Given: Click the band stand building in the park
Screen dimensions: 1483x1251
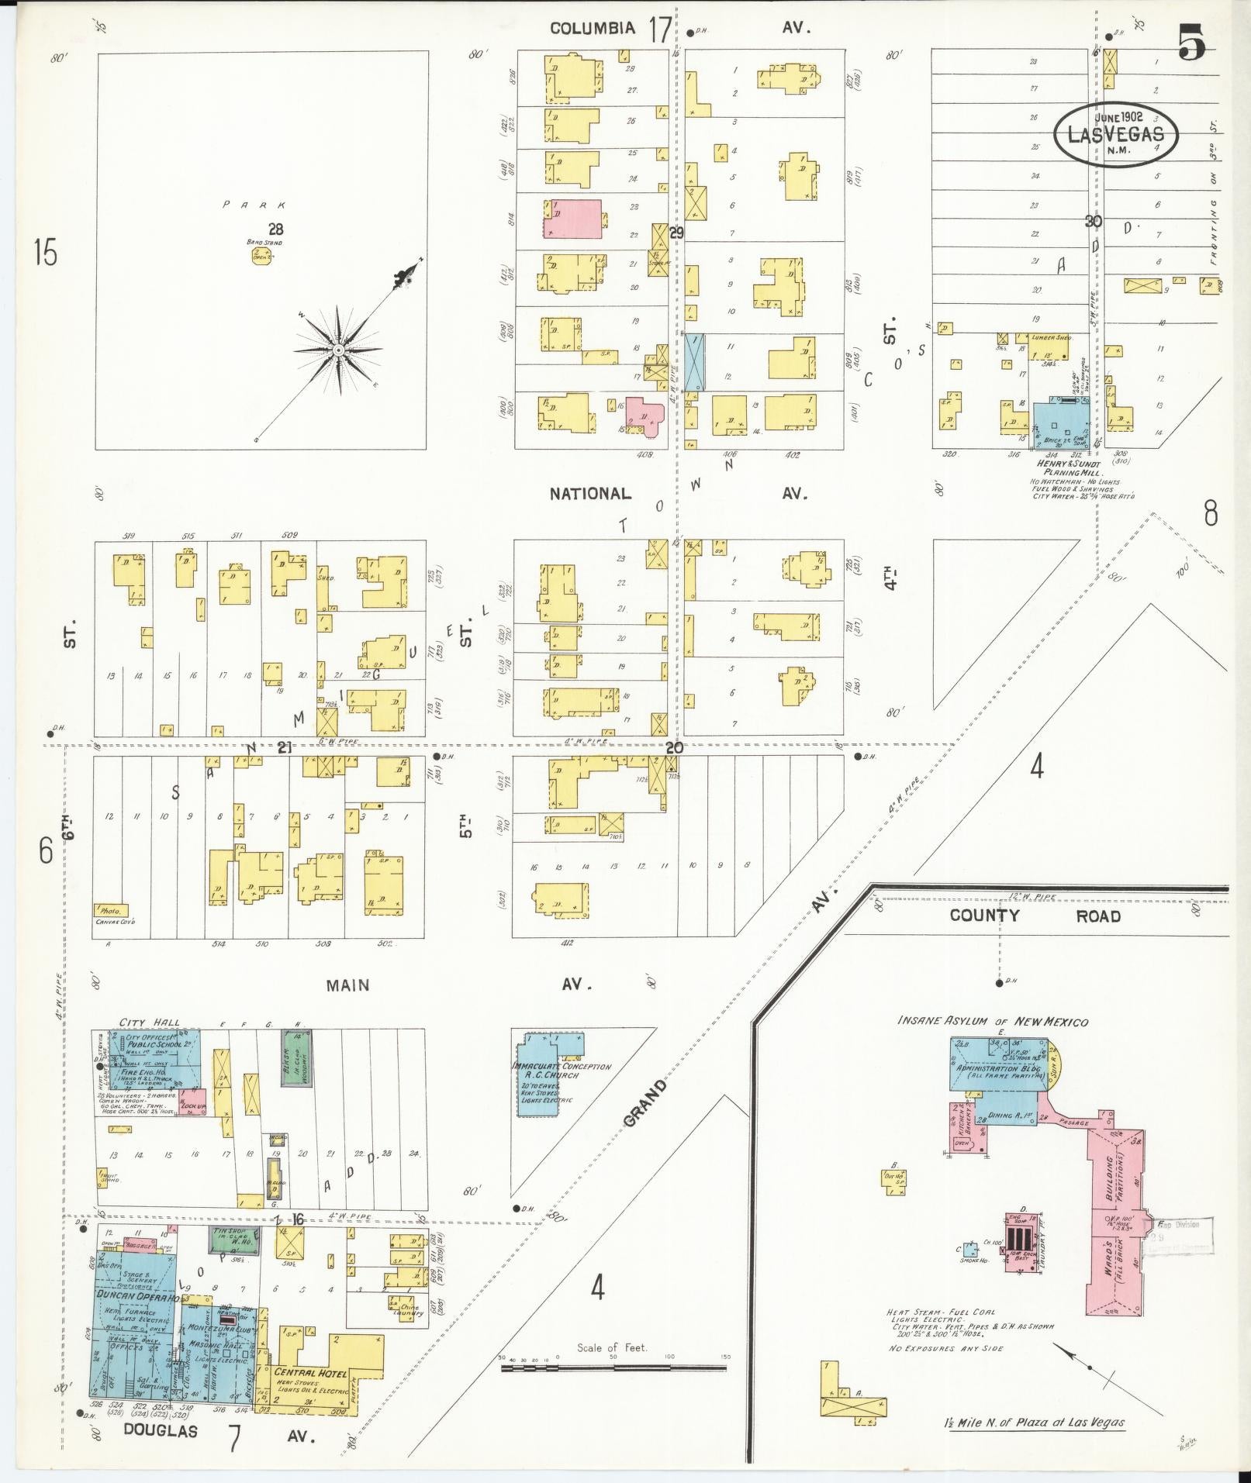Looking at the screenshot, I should click(x=261, y=256).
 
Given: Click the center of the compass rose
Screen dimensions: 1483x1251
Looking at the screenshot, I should click(x=339, y=350).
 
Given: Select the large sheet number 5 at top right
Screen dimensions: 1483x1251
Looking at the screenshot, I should click(x=1193, y=43).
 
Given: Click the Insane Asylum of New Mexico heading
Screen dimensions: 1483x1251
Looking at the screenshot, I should click(x=992, y=1022).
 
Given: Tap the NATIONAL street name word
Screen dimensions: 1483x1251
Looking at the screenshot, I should click(x=590, y=494).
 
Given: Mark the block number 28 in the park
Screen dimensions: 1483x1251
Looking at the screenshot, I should click(x=275, y=229).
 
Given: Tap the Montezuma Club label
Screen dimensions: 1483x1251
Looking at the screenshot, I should click(x=213, y=1327).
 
